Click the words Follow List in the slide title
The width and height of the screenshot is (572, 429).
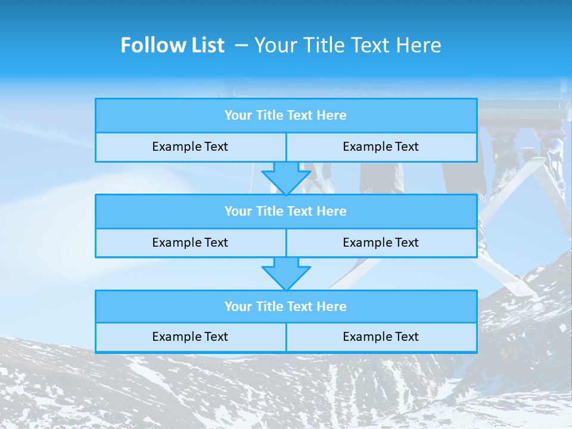(x=172, y=45)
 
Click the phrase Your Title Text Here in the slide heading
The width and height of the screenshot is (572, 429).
(x=348, y=45)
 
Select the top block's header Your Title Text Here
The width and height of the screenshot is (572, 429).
(x=285, y=116)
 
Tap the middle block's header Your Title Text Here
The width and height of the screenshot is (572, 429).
(x=285, y=212)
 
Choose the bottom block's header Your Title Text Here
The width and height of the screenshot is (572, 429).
(x=285, y=307)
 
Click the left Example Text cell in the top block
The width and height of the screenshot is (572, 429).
(x=190, y=147)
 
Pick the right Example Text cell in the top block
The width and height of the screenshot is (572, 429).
(x=381, y=147)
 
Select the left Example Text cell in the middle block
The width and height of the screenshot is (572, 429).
(x=190, y=243)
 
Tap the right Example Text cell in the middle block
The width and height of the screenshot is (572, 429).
(x=381, y=243)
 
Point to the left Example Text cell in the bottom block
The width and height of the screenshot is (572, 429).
(x=190, y=337)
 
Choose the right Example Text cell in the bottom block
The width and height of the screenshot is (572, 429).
(x=381, y=337)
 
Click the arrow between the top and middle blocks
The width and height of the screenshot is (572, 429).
(x=286, y=178)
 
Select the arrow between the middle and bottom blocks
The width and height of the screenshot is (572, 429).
(x=286, y=273)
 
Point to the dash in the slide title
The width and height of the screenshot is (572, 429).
(x=241, y=45)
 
